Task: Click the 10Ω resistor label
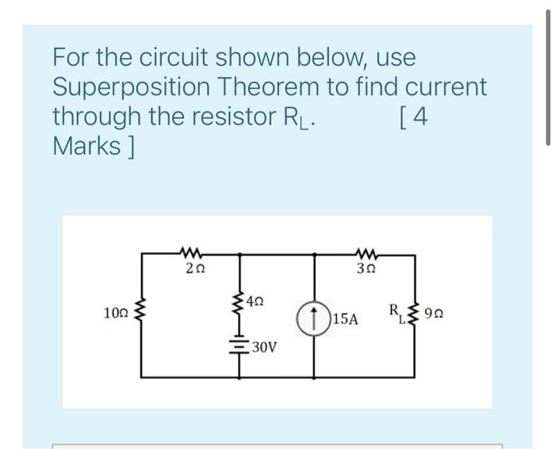116,315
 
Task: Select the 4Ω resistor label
255,301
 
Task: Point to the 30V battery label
262,347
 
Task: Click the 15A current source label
346,320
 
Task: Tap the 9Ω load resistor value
434,315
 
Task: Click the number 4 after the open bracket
420,116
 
